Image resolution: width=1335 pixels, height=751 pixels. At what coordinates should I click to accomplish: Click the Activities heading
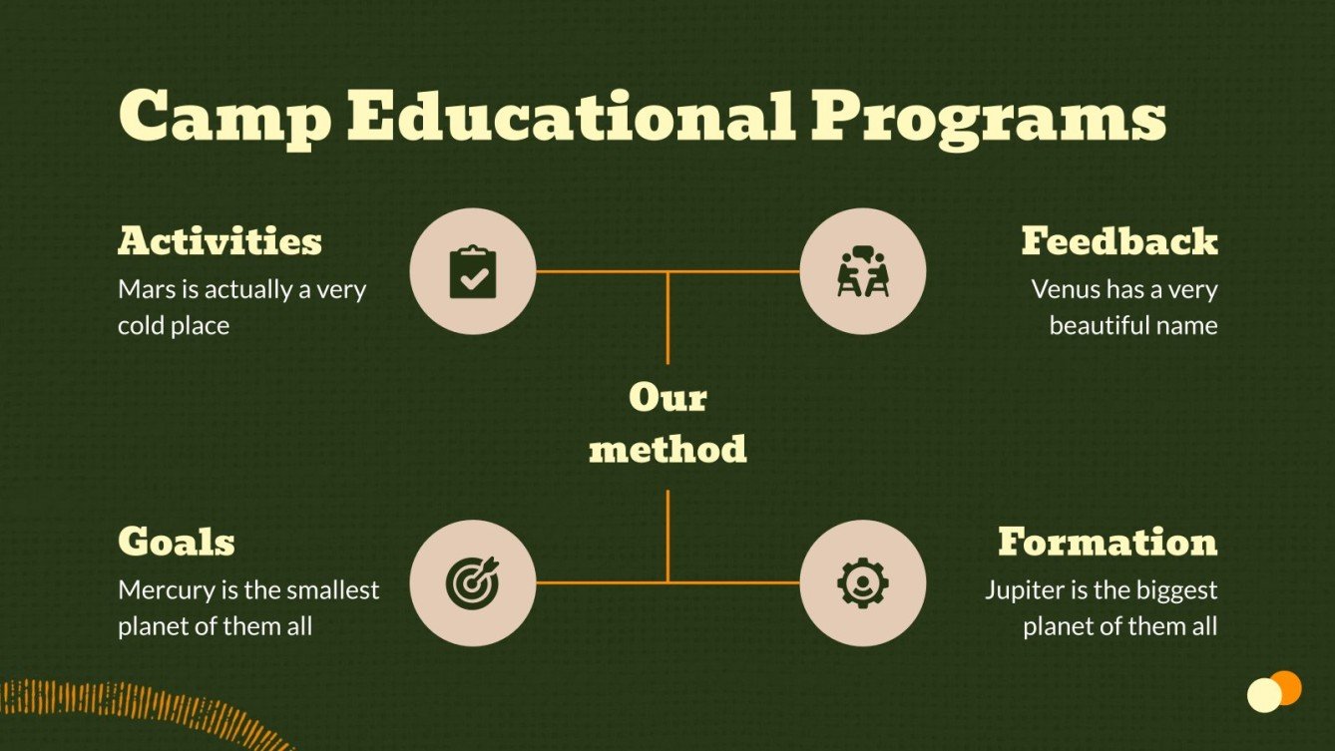tap(220, 241)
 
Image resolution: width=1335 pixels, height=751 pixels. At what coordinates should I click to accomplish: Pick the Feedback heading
tap(1118, 241)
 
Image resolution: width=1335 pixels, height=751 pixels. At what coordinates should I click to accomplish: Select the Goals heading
tap(177, 542)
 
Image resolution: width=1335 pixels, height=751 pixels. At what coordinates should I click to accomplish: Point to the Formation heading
tap(1108, 542)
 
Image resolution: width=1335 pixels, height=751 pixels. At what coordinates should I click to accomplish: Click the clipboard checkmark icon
tap(473, 271)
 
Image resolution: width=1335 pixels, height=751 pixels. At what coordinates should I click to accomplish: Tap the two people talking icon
tap(863, 271)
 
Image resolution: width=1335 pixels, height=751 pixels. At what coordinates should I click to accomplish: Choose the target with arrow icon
tap(473, 582)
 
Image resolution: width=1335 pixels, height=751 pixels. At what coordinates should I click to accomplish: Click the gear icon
tap(863, 582)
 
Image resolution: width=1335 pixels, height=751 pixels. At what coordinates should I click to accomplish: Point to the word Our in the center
tap(667, 398)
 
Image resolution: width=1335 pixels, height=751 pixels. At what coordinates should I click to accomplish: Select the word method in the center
tap(667, 449)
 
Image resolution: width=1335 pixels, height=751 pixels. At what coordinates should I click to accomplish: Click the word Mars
tap(143, 290)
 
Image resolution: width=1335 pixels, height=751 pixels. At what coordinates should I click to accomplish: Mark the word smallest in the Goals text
tap(333, 590)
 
